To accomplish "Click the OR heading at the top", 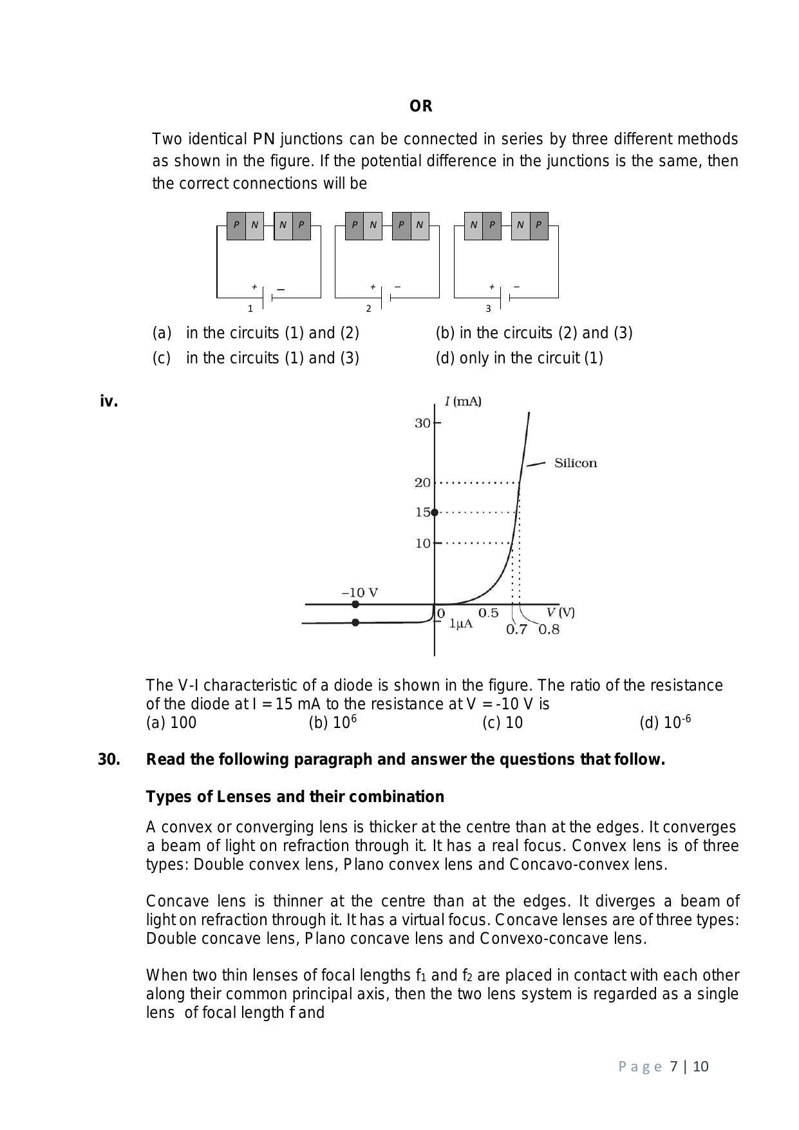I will click(x=420, y=106).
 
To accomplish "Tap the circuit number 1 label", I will click(x=250, y=309).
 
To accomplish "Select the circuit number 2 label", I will click(x=368, y=309).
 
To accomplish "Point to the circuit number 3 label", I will click(x=488, y=309).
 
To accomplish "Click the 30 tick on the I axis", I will click(x=423, y=423).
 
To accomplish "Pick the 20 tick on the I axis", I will click(x=423, y=483).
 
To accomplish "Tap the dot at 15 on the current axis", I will click(x=435, y=512).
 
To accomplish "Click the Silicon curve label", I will click(x=575, y=463).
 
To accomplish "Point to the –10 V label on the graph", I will click(x=359, y=593).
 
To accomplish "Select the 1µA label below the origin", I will click(x=460, y=624).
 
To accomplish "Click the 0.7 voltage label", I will click(x=516, y=629).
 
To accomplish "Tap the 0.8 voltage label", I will click(x=549, y=629).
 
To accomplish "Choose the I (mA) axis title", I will click(x=463, y=402).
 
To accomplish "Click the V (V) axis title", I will click(x=560, y=612).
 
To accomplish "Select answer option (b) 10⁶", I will click(x=332, y=723).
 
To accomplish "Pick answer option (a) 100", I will click(x=171, y=723).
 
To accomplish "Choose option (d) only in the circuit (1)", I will click(x=519, y=358).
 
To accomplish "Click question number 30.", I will click(x=109, y=760).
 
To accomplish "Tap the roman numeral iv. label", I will click(x=109, y=401).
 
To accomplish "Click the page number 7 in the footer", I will click(x=673, y=1067).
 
